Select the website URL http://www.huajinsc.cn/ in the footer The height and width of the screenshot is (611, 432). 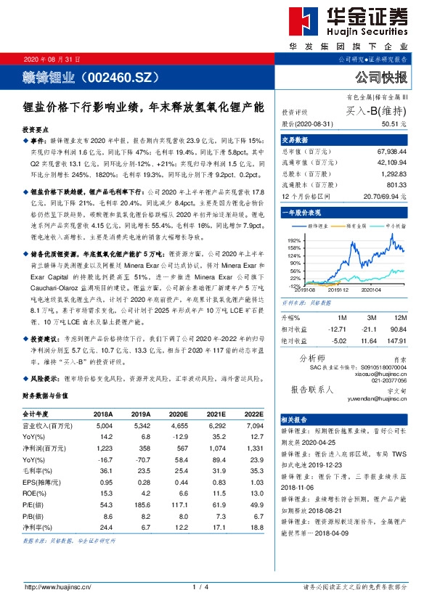point(57,586)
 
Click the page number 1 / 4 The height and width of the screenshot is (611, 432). point(201,586)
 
